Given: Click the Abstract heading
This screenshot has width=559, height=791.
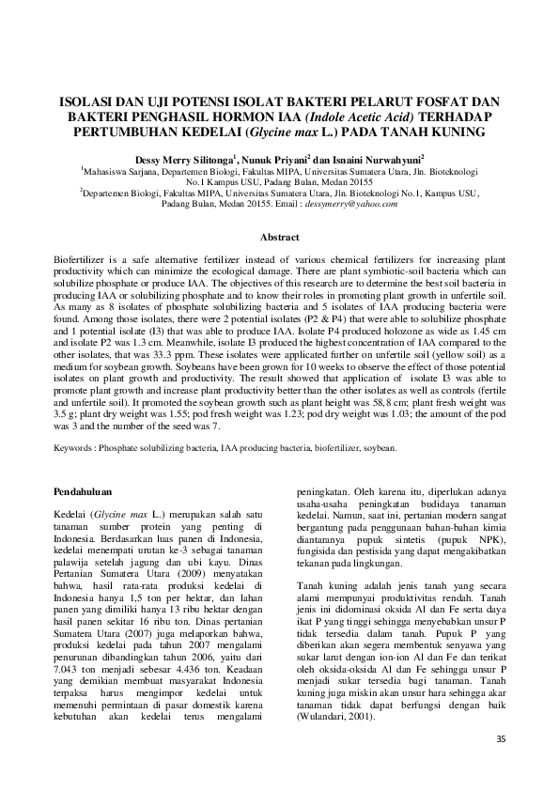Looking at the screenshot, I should (x=278, y=239).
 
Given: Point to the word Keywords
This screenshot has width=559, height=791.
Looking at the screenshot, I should (x=75, y=449).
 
